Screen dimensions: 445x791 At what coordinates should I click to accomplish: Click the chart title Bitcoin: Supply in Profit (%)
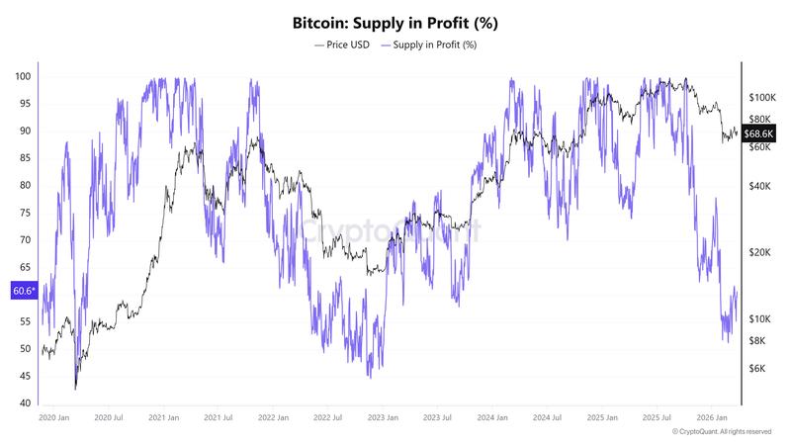tap(395, 21)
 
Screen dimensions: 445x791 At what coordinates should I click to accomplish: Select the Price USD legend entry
tap(341, 44)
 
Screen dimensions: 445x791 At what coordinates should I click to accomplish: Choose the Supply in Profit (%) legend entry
tap(432, 44)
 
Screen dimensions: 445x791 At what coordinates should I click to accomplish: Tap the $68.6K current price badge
tap(763, 132)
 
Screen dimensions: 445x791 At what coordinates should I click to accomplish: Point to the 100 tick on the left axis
tap(23, 76)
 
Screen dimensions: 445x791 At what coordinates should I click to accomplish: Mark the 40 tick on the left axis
tap(23, 403)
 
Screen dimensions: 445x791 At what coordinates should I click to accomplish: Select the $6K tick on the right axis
tap(759, 368)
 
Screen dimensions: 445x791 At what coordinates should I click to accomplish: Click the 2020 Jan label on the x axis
tap(53, 419)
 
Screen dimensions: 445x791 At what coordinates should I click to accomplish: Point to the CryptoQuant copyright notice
tap(722, 432)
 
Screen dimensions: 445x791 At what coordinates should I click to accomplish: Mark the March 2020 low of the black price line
tap(75, 389)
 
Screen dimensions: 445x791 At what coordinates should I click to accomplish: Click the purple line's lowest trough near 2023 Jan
tap(369, 377)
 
